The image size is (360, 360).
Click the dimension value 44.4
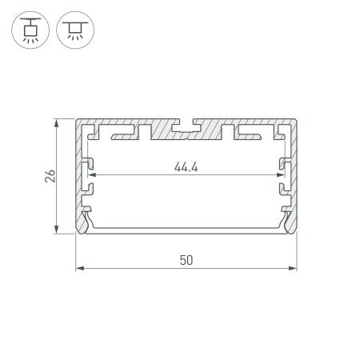pyautogui.click(x=185, y=167)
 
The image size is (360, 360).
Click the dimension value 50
pyautogui.click(x=186, y=260)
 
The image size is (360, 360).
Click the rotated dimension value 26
pyautogui.click(x=49, y=177)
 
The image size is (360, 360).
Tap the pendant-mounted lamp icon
pyautogui.click(x=30, y=30)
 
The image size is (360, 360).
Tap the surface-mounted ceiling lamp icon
pyautogui.click(x=74, y=30)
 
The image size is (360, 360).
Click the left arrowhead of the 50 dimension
pyautogui.click(x=78, y=269)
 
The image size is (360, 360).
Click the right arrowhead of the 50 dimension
pyautogui.click(x=294, y=269)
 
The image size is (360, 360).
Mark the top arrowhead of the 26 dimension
pyautogui.click(x=57, y=122)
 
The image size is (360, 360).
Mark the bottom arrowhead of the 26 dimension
pyautogui.click(x=57, y=232)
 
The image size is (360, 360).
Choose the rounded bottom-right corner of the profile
pyautogui.click(x=293, y=232)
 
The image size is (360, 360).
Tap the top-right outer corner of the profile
pyautogui.click(x=295, y=121)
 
